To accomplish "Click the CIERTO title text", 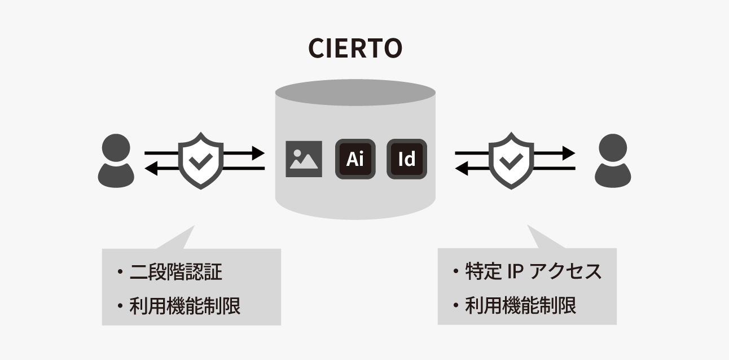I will click(x=355, y=49).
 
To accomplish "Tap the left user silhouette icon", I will click(x=116, y=160).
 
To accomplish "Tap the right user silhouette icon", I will click(x=613, y=160).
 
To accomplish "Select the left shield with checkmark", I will click(x=201, y=160).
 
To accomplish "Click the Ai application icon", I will click(x=355, y=159).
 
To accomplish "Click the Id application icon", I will click(x=406, y=159).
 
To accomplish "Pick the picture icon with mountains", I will click(x=304, y=159).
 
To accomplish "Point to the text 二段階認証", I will click(x=175, y=273).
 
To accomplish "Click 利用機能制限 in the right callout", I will click(x=520, y=306).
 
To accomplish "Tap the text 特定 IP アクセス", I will click(x=533, y=272).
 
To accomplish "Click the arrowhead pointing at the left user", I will click(x=151, y=168).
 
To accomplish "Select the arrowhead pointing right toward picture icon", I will click(x=258, y=152).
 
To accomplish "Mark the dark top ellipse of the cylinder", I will click(x=355, y=93).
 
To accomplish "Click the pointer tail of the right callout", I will click(x=542, y=239).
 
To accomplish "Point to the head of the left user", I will click(x=116, y=147).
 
